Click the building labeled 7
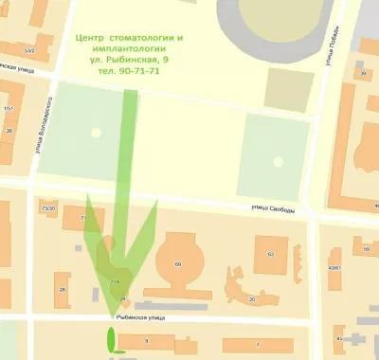256,342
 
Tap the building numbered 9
147,339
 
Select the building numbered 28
63,288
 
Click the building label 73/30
48,207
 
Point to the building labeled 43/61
334,268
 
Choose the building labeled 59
366,249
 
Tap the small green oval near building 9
111,337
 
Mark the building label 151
9,109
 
